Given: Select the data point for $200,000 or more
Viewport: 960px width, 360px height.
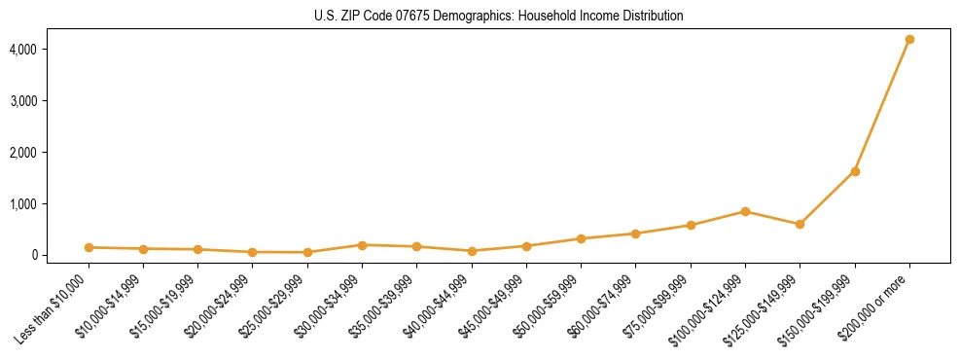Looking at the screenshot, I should click(x=909, y=39).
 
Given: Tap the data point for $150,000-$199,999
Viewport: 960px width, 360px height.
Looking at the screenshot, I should click(x=855, y=171).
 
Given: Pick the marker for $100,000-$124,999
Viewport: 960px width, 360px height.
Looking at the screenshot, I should click(x=745, y=211).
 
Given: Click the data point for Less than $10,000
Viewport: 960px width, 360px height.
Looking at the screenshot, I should click(x=89, y=247).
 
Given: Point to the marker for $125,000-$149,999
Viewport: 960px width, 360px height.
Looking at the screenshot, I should click(x=800, y=224).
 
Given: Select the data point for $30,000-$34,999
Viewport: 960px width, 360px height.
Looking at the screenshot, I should click(x=362, y=245).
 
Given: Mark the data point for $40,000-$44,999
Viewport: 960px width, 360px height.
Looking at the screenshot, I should click(x=472, y=251).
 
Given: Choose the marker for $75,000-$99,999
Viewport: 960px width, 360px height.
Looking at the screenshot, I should click(x=691, y=225).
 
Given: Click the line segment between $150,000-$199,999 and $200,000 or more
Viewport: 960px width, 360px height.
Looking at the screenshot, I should click(x=882, y=105).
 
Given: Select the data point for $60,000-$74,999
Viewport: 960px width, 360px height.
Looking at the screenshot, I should click(x=635, y=234).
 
